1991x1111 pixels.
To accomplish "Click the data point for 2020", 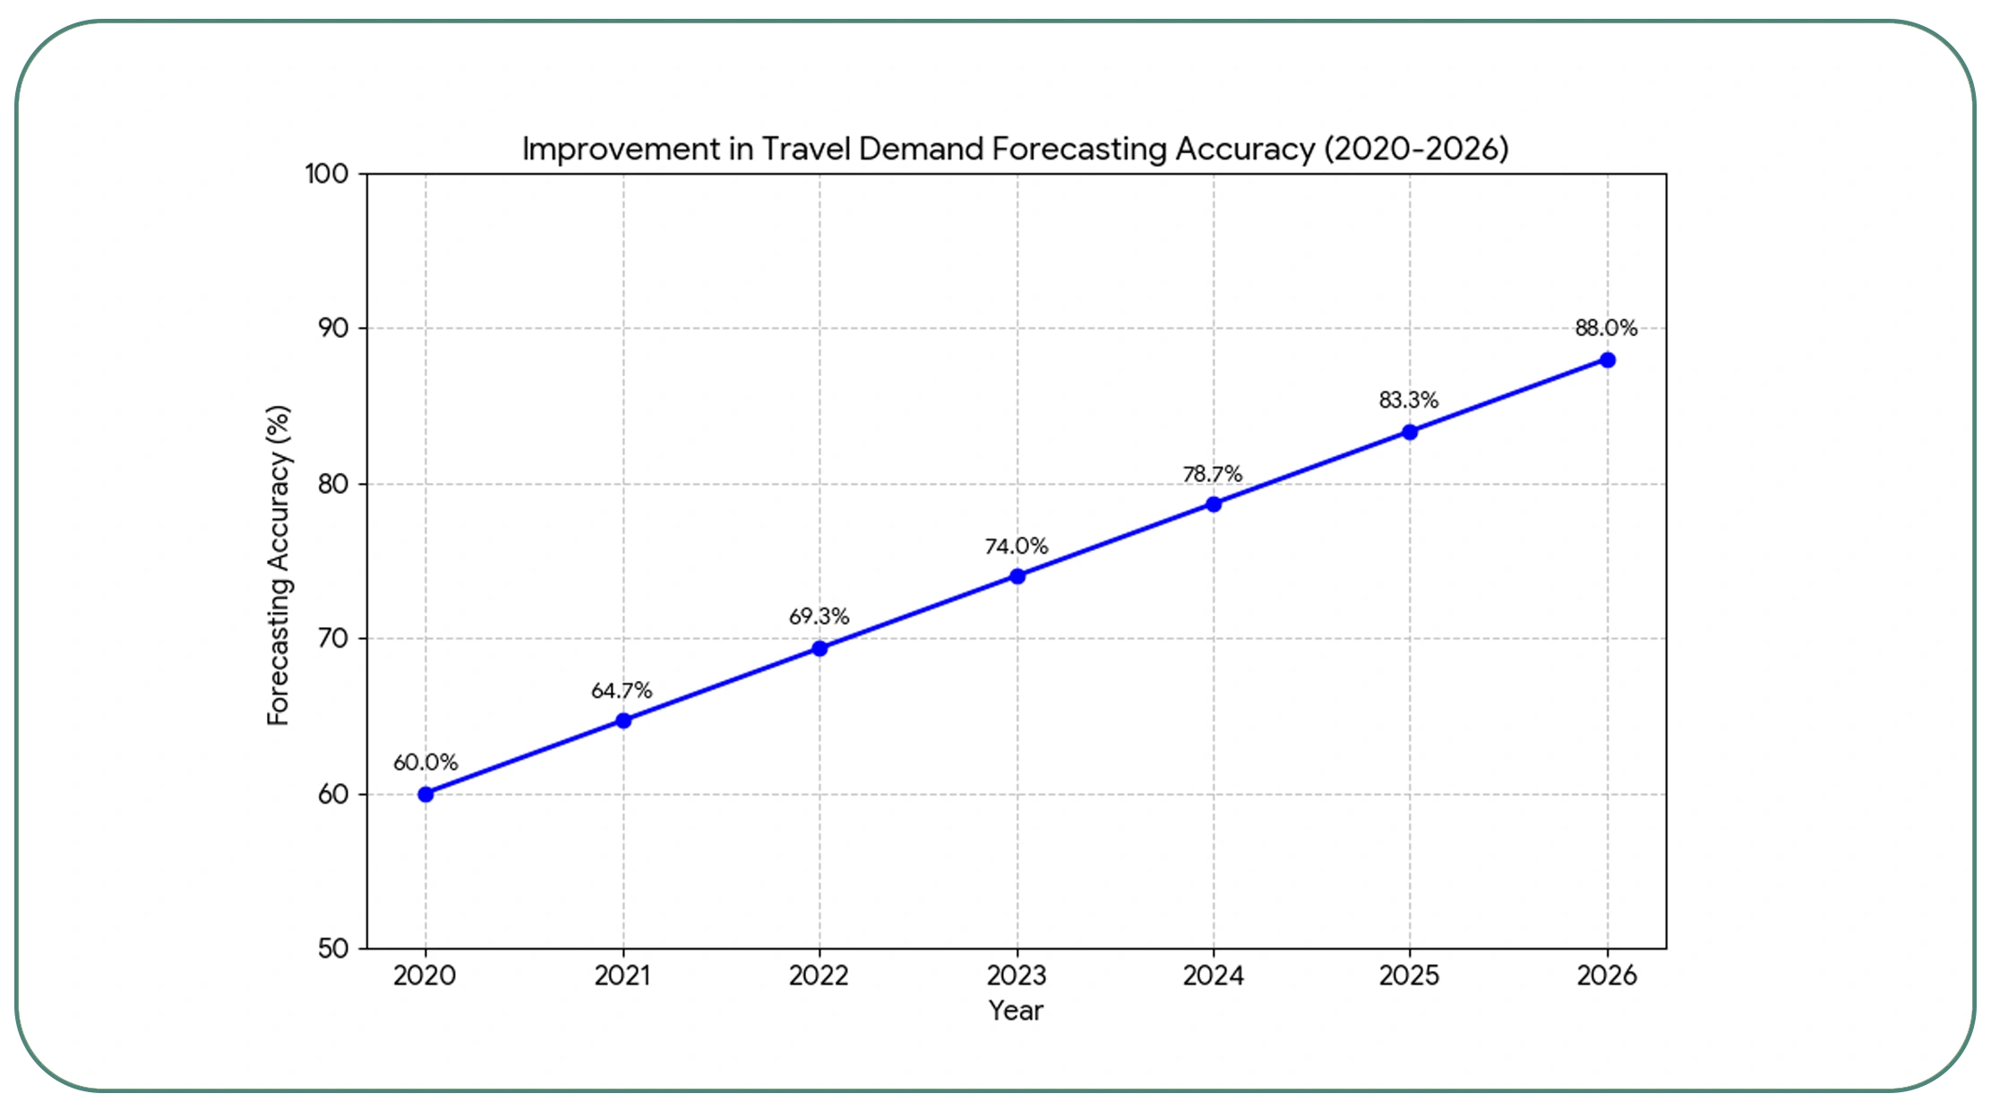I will coord(425,794).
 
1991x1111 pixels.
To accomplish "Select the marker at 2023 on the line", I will coord(1017,576).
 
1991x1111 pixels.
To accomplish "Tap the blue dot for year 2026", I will coord(1607,360).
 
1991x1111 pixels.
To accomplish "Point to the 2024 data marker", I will coord(1213,504).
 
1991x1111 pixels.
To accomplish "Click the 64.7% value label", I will coord(622,691).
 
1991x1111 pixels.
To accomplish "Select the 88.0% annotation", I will coord(1606,328).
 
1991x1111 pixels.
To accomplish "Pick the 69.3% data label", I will coord(819,616).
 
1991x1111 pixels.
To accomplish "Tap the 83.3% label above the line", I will coord(1408,400).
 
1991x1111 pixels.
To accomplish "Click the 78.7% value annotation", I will coord(1212,474).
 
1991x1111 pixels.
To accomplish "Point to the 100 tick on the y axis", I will coord(327,174).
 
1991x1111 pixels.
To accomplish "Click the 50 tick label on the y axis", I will coord(333,949).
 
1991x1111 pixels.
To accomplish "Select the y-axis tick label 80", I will coord(333,484).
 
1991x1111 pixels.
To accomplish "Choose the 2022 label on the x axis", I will coord(819,976).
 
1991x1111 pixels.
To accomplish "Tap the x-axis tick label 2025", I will coord(1409,976).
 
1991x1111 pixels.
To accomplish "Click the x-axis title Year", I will coord(1016,1011).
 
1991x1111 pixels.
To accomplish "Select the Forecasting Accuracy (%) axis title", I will coord(279,564).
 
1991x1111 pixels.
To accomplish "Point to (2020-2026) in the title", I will coord(1416,149).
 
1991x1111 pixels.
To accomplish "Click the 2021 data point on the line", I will coord(623,720).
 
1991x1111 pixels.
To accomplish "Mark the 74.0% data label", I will coord(1016,547).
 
